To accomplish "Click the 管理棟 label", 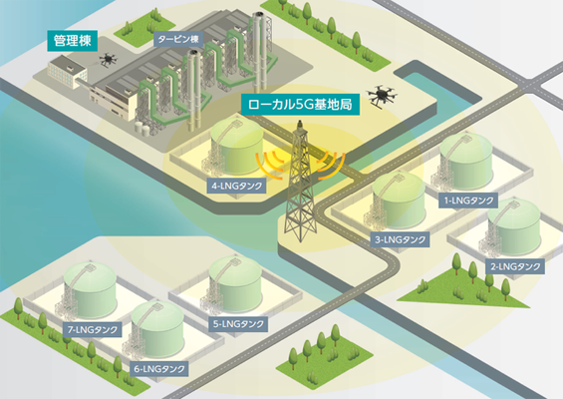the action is [x=72, y=40].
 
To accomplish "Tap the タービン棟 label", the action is [x=178, y=39].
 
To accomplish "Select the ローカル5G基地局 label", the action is [x=300, y=105].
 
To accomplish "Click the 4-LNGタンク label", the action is [x=237, y=186].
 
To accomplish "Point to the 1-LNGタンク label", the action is [x=468, y=200].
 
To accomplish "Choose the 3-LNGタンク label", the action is [x=400, y=239].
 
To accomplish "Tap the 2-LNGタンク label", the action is [x=515, y=266].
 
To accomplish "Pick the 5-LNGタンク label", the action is [x=238, y=324].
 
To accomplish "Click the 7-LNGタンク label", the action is [x=93, y=329].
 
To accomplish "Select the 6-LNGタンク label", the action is [x=159, y=369].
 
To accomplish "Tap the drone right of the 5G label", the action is [x=382, y=95].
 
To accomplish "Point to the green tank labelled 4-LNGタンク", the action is [x=236, y=146].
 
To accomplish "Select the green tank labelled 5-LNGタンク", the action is [x=235, y=284].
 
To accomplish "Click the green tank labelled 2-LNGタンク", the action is [x=513, y=227].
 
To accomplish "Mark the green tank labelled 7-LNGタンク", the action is [x=90, y=290].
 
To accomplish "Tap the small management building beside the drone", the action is [x=68, y=73].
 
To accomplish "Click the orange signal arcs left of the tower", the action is [x=270, y=166].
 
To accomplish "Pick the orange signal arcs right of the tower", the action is [x=331, y=166].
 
